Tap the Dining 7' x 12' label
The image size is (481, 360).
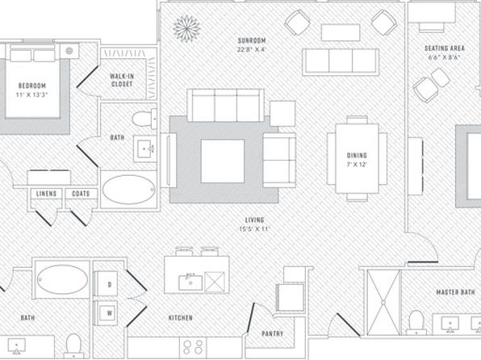pos(357,160)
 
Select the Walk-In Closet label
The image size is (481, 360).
pos(122,80)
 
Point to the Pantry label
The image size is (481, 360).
pos(273,333)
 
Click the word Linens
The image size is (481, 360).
pos(46,194)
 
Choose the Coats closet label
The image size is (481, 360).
pos(81,194)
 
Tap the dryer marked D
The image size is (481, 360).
pos(106,284)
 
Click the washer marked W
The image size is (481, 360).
pos(106,313)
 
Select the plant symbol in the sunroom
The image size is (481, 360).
pos(186,28)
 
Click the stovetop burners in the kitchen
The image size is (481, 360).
pos(193,347)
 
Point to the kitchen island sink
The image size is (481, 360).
pos(190,283)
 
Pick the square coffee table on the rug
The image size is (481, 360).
pos(223,161)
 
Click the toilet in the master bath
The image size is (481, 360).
pos(416,323)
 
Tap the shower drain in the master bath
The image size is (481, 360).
pos(383,303)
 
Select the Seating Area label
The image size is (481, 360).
pos(445,52)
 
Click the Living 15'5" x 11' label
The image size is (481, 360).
pos(254,224)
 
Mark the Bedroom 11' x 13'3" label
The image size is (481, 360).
pos(32,90)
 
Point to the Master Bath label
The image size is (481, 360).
pos(455,292)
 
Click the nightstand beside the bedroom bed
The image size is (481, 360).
pos(69,51)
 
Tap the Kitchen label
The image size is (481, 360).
pos(181,318)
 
